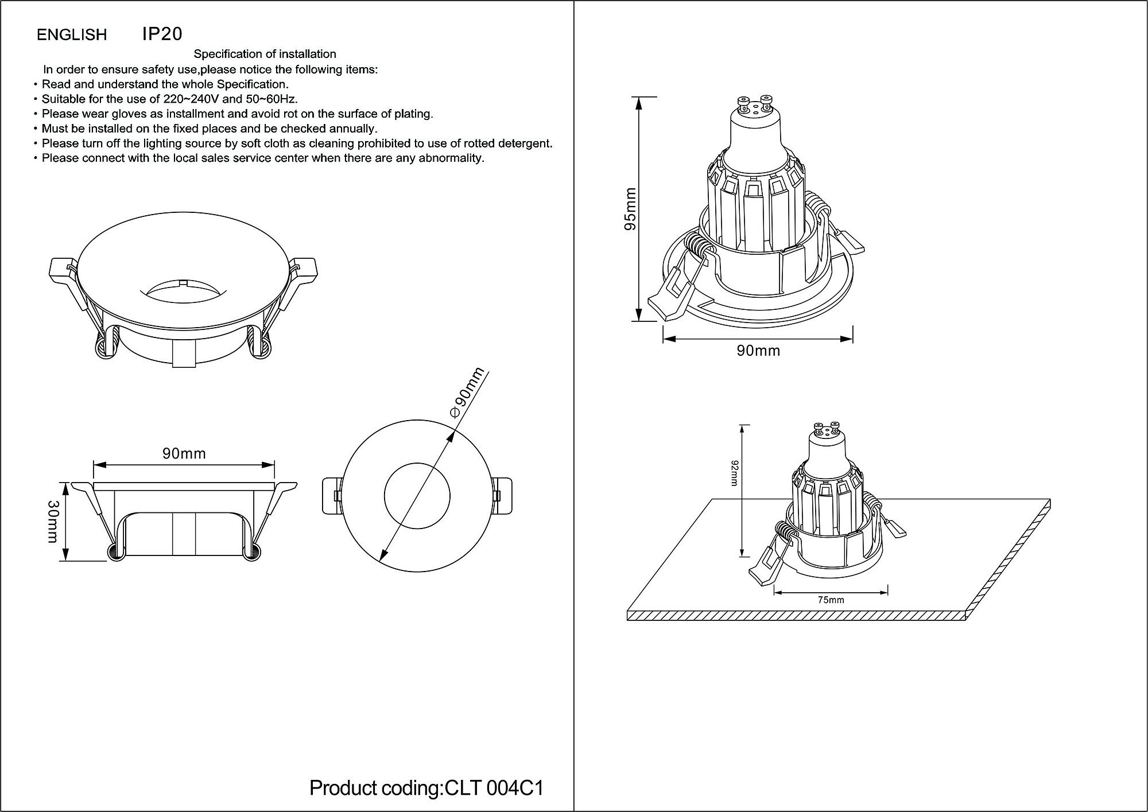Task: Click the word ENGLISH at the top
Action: coord(72,35)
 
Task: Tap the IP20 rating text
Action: coord(162,34)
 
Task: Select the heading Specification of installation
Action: coord(265,54)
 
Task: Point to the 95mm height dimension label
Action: coord(630,209)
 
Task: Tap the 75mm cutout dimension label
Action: coord(831,600)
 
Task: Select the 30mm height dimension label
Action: coord(53,521)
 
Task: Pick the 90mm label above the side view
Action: coord(184,454)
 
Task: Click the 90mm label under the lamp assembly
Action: coord(758,351)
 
